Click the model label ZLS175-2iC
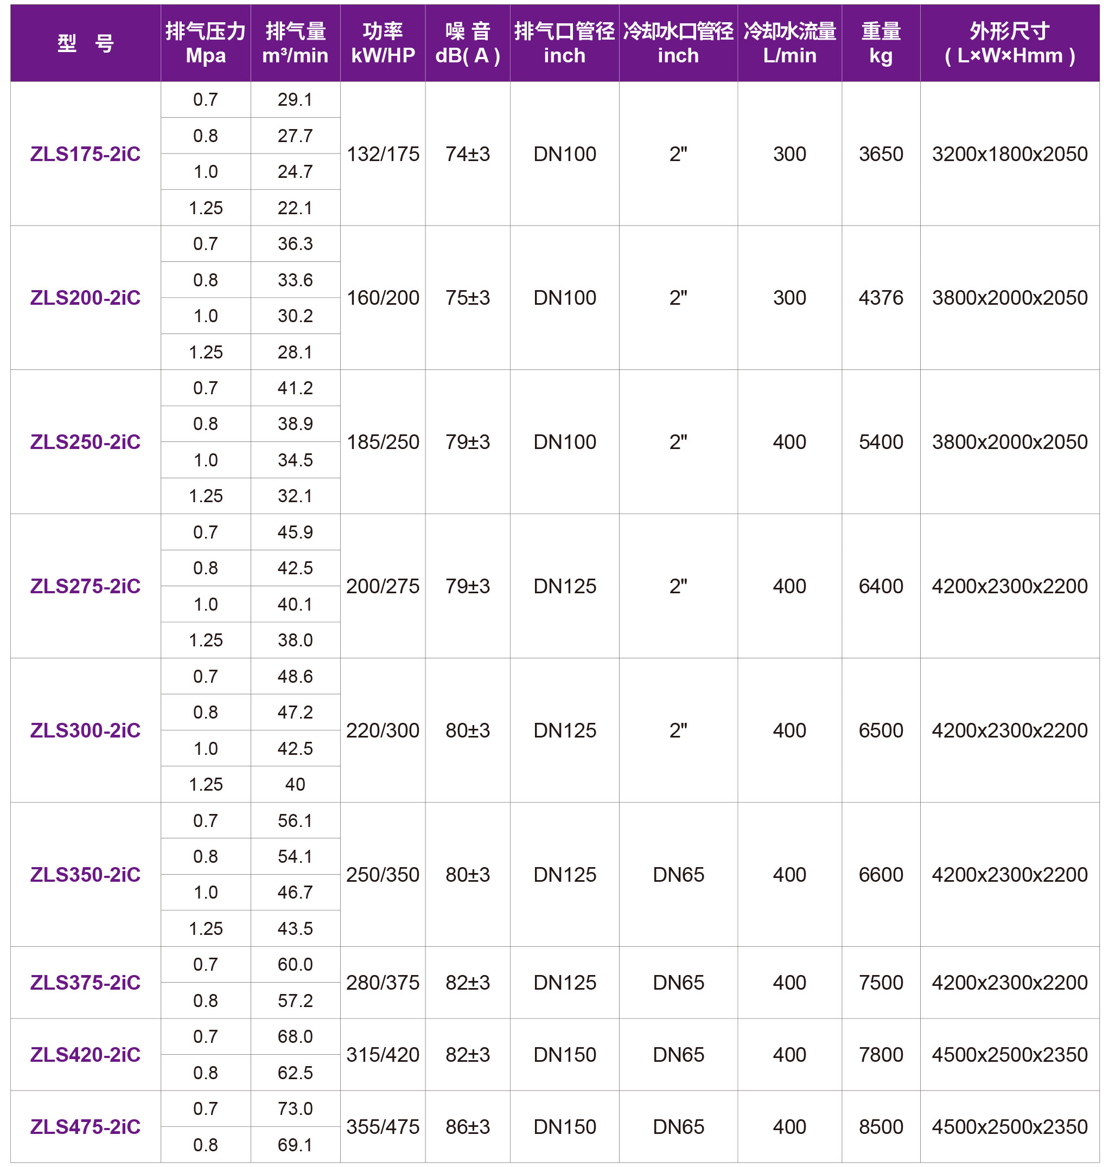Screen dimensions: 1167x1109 [85, 153]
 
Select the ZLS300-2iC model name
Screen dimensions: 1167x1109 [85, 730]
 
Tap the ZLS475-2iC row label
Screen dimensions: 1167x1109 [85, 1127]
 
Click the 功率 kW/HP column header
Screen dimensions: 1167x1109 [383, 42]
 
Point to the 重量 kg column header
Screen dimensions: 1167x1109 [881, 42]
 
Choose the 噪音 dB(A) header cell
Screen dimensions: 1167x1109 [468, 42]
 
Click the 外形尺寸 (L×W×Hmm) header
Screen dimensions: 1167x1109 [1010, 42]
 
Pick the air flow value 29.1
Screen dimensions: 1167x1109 [295, 99]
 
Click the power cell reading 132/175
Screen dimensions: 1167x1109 [383, 153]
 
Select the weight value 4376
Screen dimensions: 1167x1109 [881, 298]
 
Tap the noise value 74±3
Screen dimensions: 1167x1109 [468, 153]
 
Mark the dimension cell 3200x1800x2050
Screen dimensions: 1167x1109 [1010, 153]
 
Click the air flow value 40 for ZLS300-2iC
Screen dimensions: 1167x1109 [295, 784]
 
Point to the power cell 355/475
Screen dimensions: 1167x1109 [383, 1127]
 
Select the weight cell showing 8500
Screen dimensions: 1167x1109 [881, 1127]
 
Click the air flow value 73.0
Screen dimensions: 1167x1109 [295, 1108]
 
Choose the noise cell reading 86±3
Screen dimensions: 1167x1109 [468, 1127]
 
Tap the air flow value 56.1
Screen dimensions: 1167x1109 [295, 820]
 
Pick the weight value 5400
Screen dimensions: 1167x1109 [881, 442]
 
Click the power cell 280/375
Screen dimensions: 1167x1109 [383, 983]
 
